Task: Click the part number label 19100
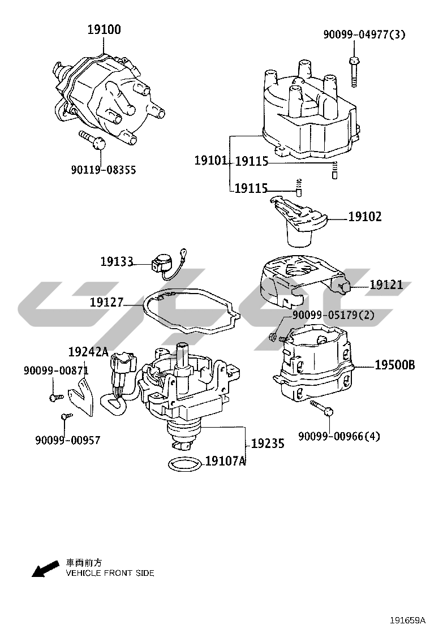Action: [x=104, y=29]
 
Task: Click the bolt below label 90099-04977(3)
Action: [x=354, y=71]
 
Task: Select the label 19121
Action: [x=387, y=285]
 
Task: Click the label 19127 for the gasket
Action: [x=106, y=303]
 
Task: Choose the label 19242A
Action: [x=88, y=352]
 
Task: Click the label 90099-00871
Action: [x=56, y=370]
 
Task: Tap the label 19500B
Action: [x=394, y=365]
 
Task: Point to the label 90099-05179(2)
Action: [x=333, y=315]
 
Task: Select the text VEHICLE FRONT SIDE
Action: [x=110, y=573]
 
